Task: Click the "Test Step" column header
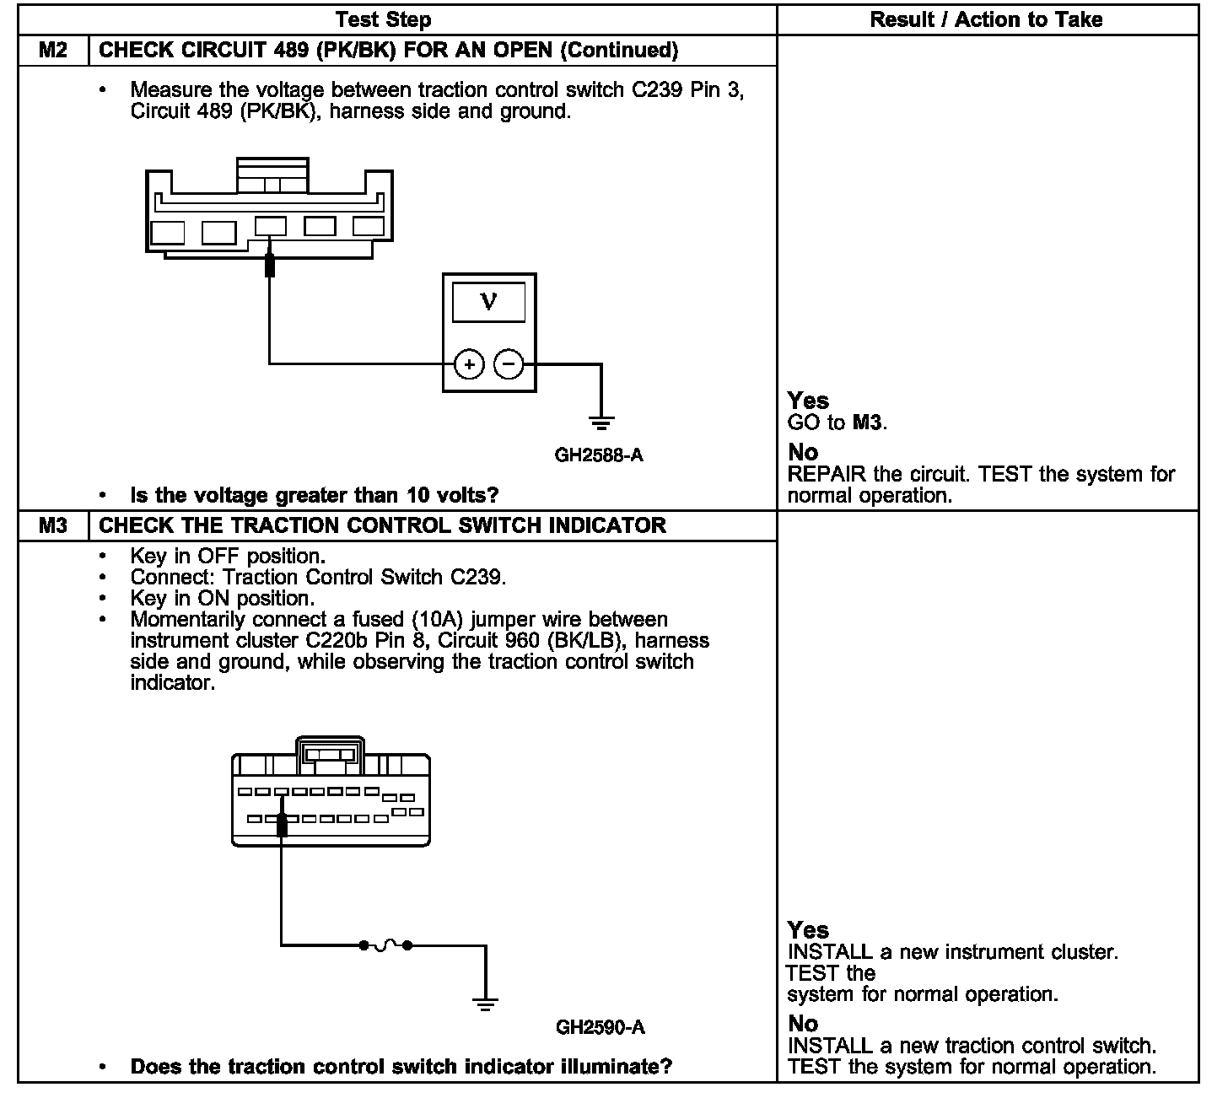383,19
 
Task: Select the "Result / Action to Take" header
986,19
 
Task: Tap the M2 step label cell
53,50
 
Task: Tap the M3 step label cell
53,525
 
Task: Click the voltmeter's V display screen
488,302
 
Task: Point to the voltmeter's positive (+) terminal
469,364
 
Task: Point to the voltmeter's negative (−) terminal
508,364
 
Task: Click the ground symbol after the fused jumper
484,1003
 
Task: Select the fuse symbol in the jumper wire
385,945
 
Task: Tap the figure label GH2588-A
599,455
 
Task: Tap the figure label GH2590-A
601,1027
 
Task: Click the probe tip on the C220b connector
282,826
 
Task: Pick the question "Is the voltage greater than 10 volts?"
314,495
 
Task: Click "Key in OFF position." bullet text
228,557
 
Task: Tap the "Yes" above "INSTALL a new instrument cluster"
808,930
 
